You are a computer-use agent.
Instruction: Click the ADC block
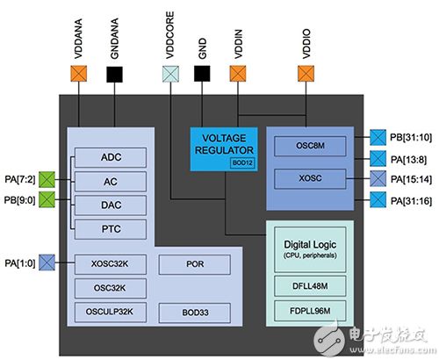click(110, 157)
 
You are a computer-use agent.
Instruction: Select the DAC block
click(110, 203)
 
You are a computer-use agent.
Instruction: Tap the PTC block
click(110, 227)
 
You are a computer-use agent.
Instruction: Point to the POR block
click(197, 263)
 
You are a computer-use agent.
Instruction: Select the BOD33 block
click(197, 311)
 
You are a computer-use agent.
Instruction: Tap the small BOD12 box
click(241, 163)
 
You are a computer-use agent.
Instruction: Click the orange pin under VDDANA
click(80, 75)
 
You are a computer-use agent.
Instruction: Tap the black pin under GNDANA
click(113, 75)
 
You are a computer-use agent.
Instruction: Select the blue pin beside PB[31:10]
click(375, 136)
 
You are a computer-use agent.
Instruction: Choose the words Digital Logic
click(314, 241)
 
